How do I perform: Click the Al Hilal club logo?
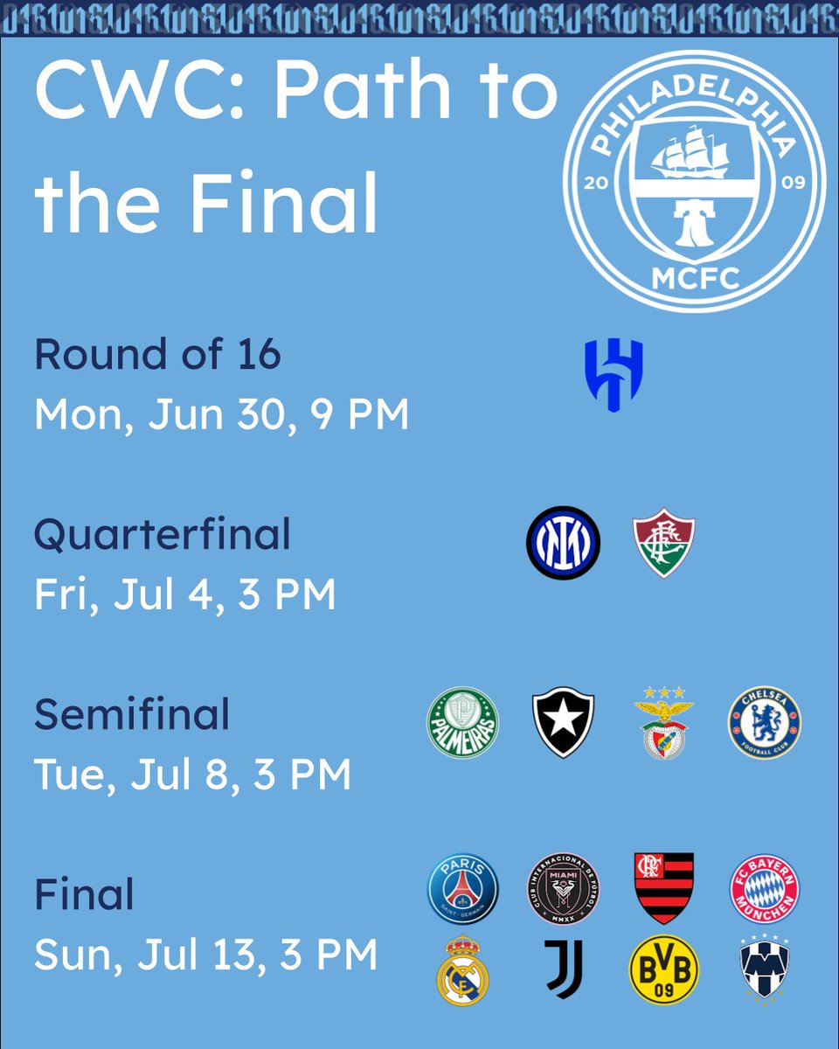pos(614,375)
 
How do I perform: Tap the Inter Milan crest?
pos(563,543)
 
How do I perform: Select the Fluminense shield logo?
pos(664,544)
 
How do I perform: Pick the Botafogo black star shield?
pos(563,722)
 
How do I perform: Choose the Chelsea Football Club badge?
pos(765,722)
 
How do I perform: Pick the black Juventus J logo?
pos(563,969)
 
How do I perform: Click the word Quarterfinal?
pos(163,535)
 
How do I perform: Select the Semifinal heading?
pos(132,714)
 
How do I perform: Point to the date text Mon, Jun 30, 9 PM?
pos(222,415)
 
